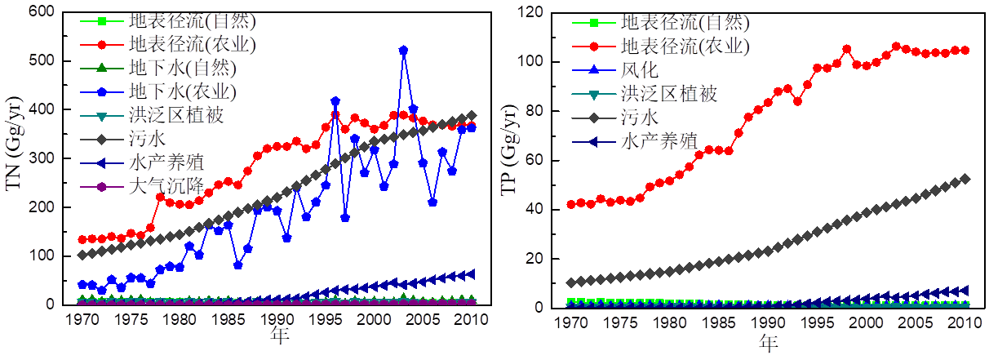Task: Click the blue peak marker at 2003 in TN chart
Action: [x=403, y=51]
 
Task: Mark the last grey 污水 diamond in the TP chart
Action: [x=965, y=178]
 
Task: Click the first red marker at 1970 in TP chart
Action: [x=571, y=204]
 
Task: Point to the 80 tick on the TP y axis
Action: [x=536, y=110]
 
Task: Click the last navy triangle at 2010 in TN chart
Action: [x=471, y=274]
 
